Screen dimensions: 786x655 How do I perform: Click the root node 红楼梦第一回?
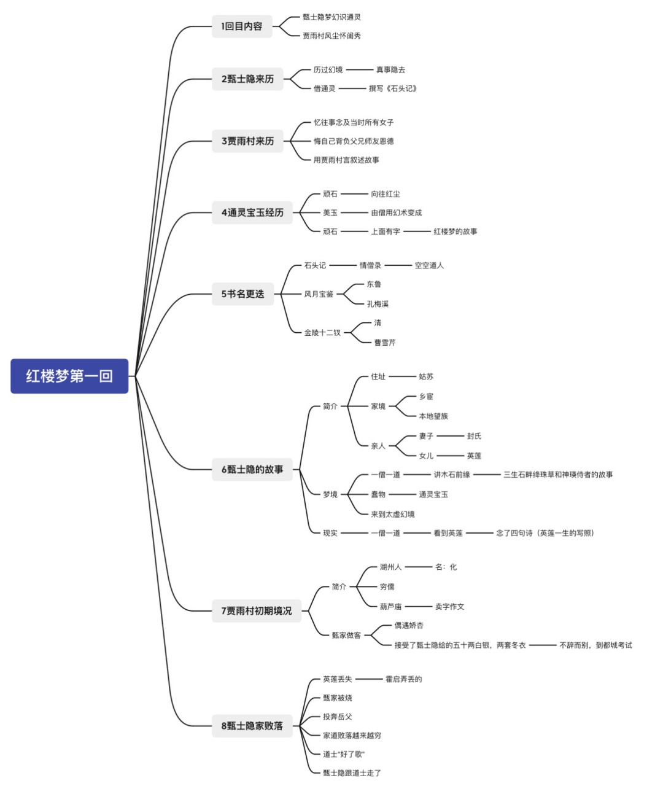point(69,376)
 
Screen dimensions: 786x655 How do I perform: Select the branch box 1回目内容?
point(242,26)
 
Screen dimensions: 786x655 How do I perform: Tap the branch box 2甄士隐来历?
point(247,79)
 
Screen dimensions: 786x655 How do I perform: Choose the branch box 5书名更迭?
point(242,294)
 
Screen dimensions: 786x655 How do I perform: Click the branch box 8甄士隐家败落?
point(252,726)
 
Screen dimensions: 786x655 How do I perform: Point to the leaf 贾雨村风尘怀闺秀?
point(331,36)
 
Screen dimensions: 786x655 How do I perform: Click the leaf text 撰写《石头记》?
point(393,88)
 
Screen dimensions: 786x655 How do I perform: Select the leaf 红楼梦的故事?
point(455,232)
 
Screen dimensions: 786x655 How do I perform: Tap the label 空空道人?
point(429,265)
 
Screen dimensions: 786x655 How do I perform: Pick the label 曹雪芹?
point(385,343)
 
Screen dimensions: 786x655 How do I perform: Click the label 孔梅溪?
point(378,304)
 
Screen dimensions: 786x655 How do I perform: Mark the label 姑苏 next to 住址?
point(426,376)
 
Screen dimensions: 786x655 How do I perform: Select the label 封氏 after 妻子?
point(474,436)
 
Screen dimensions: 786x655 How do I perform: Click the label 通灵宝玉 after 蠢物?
point(433,494)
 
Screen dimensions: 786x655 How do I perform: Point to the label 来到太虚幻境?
point(393,514)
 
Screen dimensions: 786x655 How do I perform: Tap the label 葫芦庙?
point(390,607)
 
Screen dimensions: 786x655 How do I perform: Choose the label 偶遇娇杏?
point(409,625)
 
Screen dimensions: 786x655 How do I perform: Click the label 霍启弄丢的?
point(403,679)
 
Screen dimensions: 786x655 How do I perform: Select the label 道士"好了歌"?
point(344,754)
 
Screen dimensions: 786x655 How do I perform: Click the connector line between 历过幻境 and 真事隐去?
point(359,70)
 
